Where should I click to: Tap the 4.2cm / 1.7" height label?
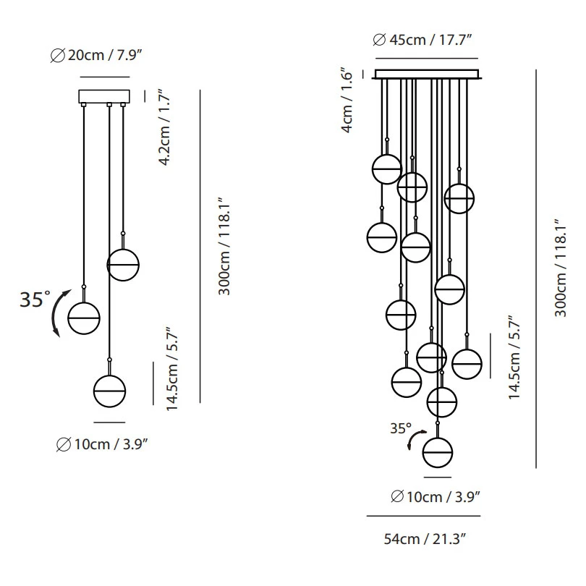click(165, 127)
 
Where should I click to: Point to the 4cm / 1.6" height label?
click(347, 100)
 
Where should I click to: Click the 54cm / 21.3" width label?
click(425, 539)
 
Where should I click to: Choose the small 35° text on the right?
click(401, 428)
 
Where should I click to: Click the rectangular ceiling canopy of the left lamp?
click(104, 96)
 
